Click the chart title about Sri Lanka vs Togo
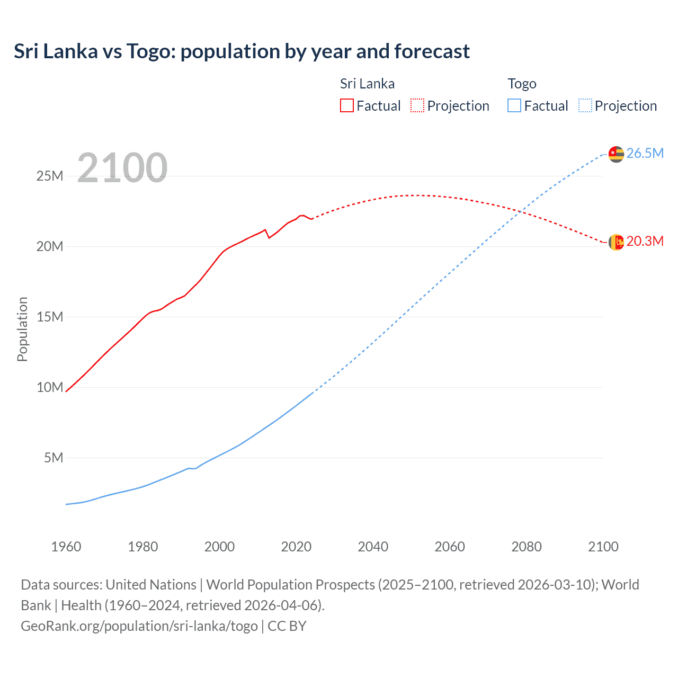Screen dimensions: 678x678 pyautogui.click(x=242, y=51)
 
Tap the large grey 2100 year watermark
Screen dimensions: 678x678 pyautogui.click(x=122, y=168)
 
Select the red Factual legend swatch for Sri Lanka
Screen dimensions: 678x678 pyautogui.click(x=347, y=106)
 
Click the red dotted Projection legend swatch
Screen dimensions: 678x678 pyautogui.click(x=417, y=106)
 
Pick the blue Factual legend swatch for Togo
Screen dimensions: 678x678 pyautogui.click(x=514, y=106)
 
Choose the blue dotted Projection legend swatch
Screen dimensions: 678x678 pyautogui.click(x=585, y=106)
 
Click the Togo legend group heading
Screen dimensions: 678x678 pyautogui.click(x=522, y=84)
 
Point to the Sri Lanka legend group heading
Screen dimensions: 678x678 pyautogui.click(x=367, y=84)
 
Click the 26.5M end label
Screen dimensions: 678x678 pyautogui.click(x=645, y=154)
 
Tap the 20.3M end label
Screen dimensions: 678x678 pyautogui.click(x=645, y=242)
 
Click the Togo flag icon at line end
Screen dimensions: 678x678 pyautogui.click(x=616, y=154)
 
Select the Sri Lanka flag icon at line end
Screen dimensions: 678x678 pyautogui.click(x=616, y=242)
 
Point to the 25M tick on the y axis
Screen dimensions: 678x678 pyautogui.click(x=50, y=176)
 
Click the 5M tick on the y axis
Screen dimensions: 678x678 pyautogui.click(x=53, y=458)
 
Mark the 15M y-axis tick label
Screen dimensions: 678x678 pyautogui.click(x=50, y=317)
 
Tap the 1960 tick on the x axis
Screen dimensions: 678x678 pyautogui.click(x=66, y=547)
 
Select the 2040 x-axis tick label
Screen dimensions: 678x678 pyautogui.click(x=373, y=547)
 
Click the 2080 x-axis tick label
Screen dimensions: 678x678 pyautogui.click(x=527, y=547)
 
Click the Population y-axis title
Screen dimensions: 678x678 pyautogui.click(x=22, y=329)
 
